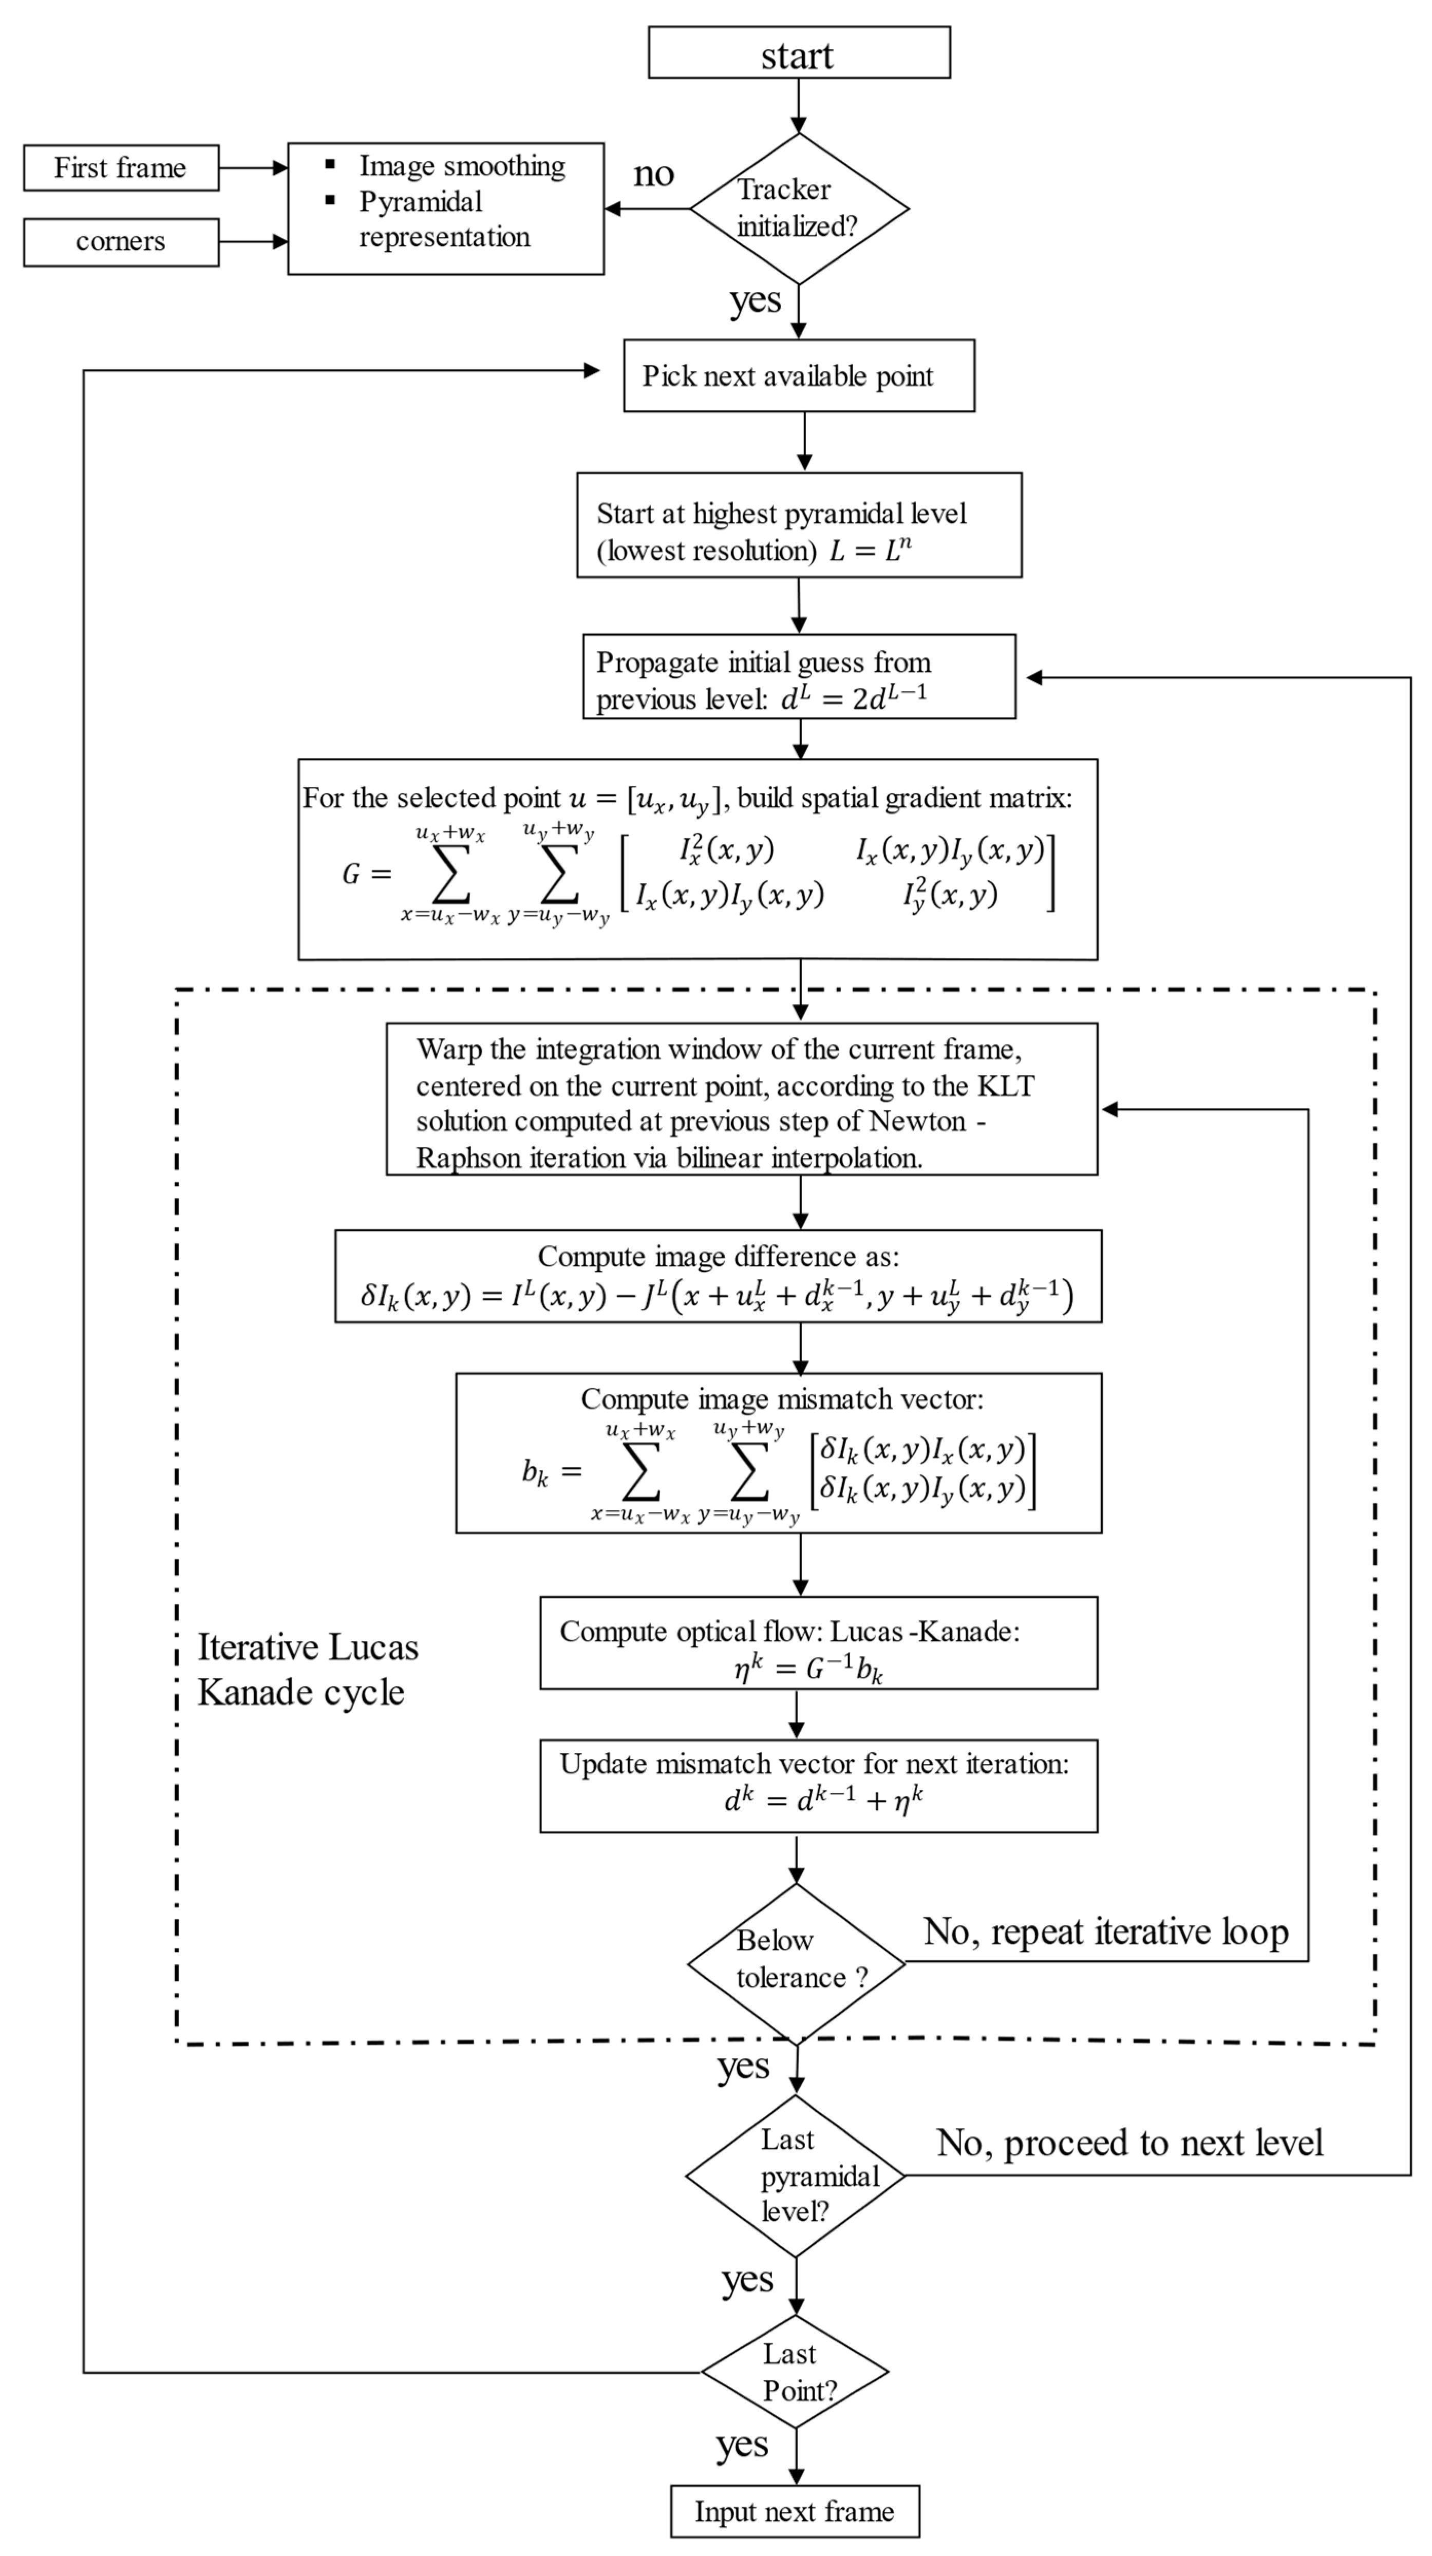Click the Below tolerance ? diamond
click(x=796, y=1962)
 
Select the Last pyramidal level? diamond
click(x=796, y=2175)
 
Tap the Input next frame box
click(x=795, y=2510)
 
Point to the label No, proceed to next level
click(x=1129, y=2143)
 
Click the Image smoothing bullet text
click(x=461, y=166)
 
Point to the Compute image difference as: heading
click(x=719, y=1256)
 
